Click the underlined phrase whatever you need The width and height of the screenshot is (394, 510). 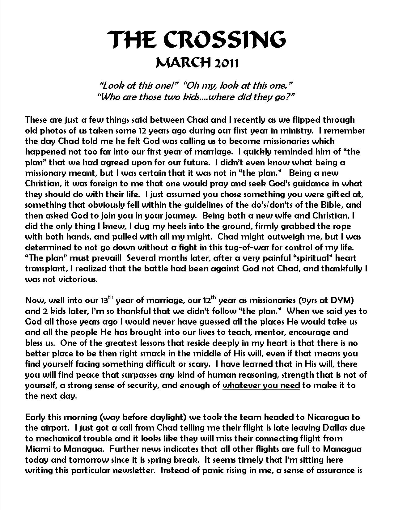click(x=261, y=385)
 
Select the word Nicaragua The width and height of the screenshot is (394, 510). click(x=329, y=417)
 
